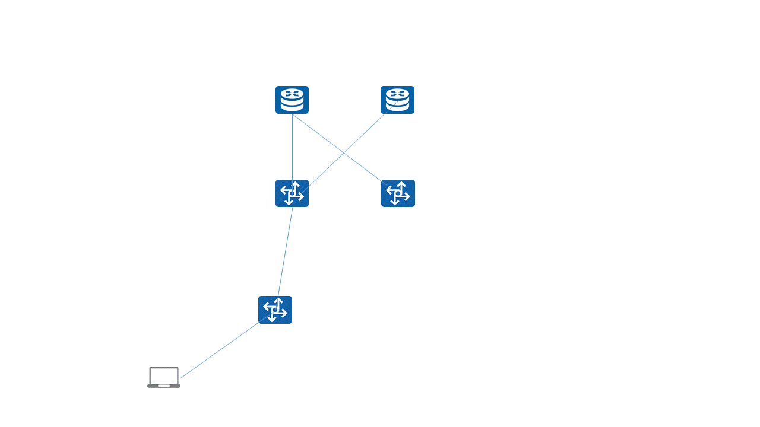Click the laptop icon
(164, 377)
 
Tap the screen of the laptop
(164, 375)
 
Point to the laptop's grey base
(164, 386)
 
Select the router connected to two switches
(292, 100)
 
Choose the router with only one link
(397, 100)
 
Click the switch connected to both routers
(292, 193)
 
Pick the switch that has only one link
(398, 193)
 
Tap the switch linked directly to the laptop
(275, 310)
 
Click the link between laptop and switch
(220, 351)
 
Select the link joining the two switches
(285, 252)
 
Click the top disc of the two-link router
(292, 93)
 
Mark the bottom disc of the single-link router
(397, 107)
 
